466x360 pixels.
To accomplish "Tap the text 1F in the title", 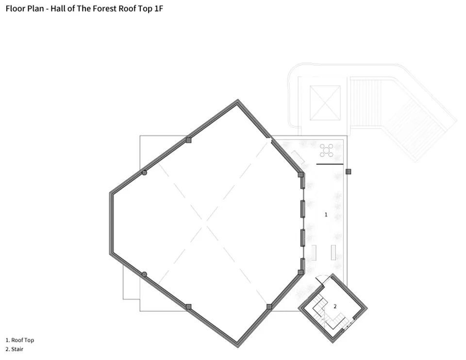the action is [x=158, y=8].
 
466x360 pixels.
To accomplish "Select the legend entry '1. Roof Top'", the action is [x=20, y=340].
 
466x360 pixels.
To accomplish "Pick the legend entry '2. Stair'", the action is [x=14, y=349].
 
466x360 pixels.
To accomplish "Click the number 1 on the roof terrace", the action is [x=326, y=215].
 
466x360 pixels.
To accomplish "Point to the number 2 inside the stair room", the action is [x=335, y=307].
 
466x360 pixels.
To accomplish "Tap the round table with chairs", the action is [x=326, y=150].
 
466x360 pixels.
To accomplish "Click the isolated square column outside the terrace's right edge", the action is [x=349, y=171].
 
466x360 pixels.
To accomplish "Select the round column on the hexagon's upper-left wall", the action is [x=145, y=172].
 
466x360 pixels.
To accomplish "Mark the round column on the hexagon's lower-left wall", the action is [x=145, y=274].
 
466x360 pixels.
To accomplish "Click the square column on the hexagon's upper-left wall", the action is [x=188, y=140].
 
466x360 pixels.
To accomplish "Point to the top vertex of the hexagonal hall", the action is [x=238, y=100].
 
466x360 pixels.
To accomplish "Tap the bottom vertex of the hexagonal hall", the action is [x=238, y=347].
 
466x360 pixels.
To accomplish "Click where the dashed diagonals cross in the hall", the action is [x=204, y=223].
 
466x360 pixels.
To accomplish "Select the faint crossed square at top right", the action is [x=325, y=103].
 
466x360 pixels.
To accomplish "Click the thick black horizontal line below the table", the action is [x=330, y=164].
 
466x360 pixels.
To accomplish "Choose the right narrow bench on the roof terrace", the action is [x=333, y=253].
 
